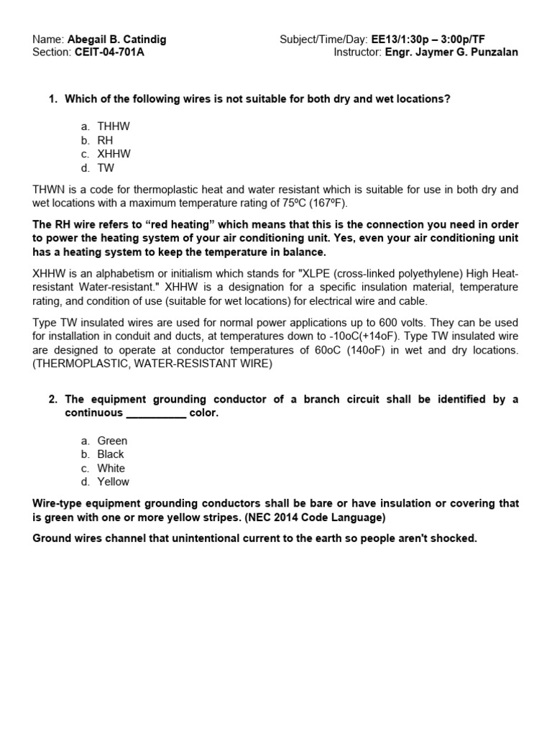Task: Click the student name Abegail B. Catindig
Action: pyautogui.click(x=116, y=40)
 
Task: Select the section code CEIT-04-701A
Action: pyautogui.click(x=109, y=52)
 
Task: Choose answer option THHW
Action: pyautogui.click(x=114, y=126)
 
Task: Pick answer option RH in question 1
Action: pyautogui.click(x=105, y=140)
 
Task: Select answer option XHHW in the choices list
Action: pyautogui.click(x=114, y=154)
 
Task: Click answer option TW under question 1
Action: pyautogui.click(x=106, y=168)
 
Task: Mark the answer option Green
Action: pyautogui.click(x=112, y=441)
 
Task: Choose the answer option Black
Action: pyautogui.click(x=111, y=454)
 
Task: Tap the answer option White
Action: pyautogui.click(x=111, y=468)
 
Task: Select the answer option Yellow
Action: pyautogui.click(x=114, y=482)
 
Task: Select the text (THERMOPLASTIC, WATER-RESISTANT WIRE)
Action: pyautogui.click(x=152, y=364)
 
